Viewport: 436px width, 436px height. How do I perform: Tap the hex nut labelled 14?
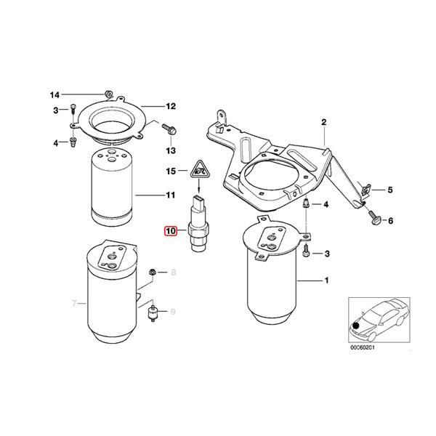pos(106,94)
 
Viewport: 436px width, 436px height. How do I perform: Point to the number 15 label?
pos(171,171)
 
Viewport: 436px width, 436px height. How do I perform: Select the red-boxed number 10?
pos(171,232)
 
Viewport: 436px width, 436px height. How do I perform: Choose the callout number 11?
pos(171,195)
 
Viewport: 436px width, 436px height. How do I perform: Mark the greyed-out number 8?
pos(173,273)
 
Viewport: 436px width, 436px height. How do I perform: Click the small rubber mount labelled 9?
pos(154,313)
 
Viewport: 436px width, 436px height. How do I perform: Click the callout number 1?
pos(326,280)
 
